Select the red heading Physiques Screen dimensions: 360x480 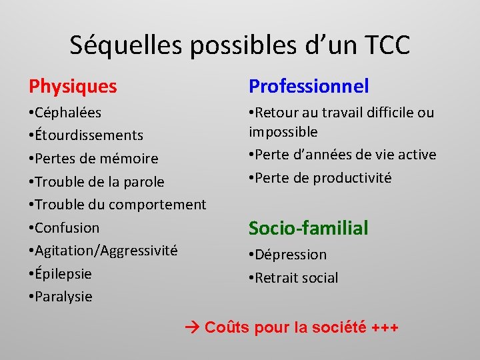coord(73,86)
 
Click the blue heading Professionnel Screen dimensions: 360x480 coord(309,86)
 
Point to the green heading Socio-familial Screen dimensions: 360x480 coord(308,228)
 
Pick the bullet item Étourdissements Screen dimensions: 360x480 coord(89,135)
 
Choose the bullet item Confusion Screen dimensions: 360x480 coord(67,228)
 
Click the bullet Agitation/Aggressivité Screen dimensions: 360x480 coord(106,251)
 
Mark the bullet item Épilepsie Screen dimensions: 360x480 coord(63,273)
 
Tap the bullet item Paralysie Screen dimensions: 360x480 coord(63,297)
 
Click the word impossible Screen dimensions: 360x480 coord(283,132)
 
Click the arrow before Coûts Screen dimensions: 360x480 coord(191,328)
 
